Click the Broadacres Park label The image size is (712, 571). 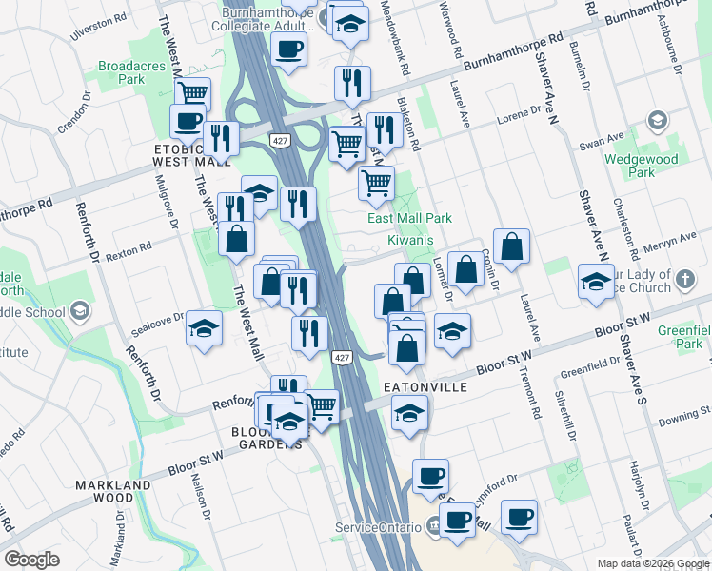[x=121, y=73]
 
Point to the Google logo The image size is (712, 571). [x=31, y=560]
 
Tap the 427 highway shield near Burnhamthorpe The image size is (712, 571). [x=279, y=141]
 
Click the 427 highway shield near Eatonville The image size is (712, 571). [x=341, y=356]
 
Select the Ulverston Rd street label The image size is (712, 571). [x=98, y=28]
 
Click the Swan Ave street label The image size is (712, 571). [x=601, y=142]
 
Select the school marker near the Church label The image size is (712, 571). [x=596, y=282]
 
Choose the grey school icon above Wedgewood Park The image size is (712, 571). [x=656, y=121]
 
